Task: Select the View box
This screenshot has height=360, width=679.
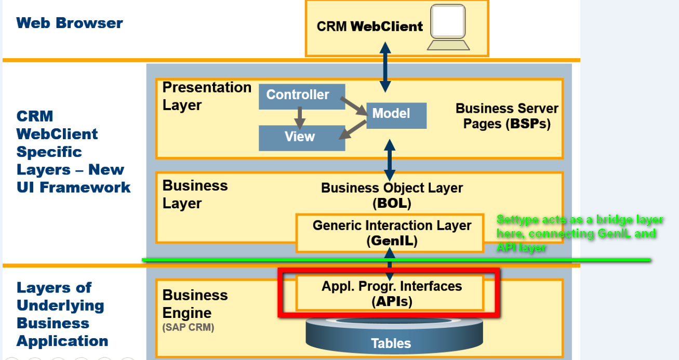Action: [x=302, y=137]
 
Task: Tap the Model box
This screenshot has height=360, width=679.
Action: [x=396, y=115]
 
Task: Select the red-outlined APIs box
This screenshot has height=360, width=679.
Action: [x=389, y=292]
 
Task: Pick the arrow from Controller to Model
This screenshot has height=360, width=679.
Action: [x=356, y=106]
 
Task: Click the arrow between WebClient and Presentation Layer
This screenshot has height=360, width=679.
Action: [x=385, y=66]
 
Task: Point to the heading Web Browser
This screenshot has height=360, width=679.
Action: [x=70, y=23]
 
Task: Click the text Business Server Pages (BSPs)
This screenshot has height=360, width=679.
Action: [x=507, y=116]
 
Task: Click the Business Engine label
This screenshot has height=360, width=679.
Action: [x=195, y=304]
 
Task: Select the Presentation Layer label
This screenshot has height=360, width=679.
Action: [x=206, y=96]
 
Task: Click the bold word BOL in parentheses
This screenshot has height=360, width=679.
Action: [x=392, y=204]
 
